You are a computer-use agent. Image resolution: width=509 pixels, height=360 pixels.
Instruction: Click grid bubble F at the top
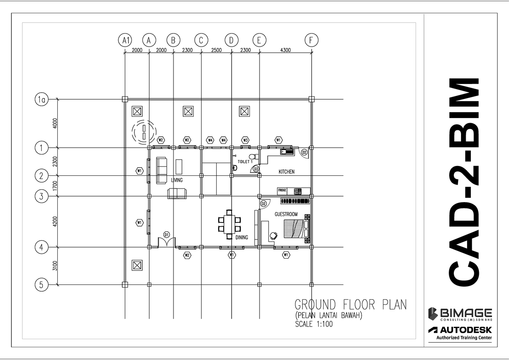[311, 40]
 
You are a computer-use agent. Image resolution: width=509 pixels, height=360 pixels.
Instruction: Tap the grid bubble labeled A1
[125, 40]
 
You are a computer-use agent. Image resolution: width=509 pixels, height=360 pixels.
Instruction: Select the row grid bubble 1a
[41, 100]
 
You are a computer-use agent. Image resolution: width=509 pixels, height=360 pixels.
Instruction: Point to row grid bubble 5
[41, 285]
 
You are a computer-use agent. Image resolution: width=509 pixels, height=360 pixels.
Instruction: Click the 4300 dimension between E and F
[285, 50]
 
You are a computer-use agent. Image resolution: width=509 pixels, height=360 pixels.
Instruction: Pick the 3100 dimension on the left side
[55, 266]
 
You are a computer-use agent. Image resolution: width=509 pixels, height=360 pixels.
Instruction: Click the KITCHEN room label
[286, 172]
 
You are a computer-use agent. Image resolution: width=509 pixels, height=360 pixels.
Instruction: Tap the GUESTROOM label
[286, 214]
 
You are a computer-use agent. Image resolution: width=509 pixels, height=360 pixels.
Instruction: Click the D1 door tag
[167, 234]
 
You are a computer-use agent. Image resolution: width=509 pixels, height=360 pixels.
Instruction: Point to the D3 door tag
[256, 169]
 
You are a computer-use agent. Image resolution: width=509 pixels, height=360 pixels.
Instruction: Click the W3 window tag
[245, 140]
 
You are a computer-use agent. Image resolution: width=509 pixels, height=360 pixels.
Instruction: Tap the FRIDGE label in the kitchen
[282, 191]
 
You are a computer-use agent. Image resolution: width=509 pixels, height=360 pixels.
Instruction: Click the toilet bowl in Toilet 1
[234, 168]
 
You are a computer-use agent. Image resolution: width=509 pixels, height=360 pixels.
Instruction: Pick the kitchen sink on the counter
[287, 151]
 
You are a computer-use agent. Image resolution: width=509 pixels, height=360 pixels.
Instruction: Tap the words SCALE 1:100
[314, 324]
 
